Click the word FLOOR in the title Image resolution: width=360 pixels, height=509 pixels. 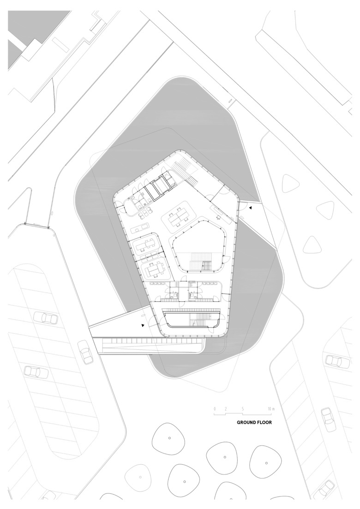pos(264,423)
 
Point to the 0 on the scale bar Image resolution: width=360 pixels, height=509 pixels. pos(215,409)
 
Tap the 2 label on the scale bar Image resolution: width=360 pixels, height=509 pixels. pos(225,409)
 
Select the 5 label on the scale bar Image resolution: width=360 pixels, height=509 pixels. pos(243,409)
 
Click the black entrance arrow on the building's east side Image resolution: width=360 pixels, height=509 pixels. pos(250,208)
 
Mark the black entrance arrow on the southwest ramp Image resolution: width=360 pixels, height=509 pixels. pos(143,325)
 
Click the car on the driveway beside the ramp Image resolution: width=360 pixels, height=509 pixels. pos(85,352)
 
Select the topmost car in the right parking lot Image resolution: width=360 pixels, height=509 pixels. pos(338,361)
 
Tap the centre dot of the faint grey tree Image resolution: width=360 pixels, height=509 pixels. pos(140,477)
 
